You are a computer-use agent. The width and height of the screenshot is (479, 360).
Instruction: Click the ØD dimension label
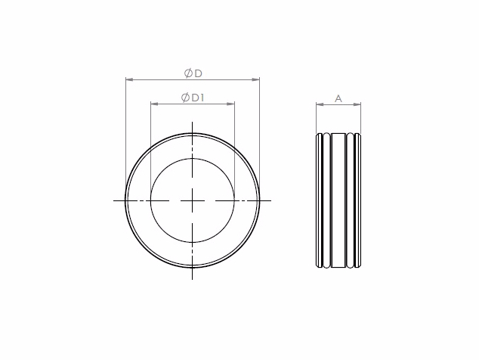(193, 73)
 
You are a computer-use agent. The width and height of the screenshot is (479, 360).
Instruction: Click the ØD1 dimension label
(193, 98)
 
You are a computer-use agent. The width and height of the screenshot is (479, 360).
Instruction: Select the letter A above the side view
(338, 99)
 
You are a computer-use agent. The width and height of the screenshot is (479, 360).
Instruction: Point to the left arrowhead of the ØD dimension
(129, 79)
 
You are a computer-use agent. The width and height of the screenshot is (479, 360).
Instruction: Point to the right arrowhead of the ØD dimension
(255, 79)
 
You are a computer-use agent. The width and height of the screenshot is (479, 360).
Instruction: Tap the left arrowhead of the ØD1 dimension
(155, 104)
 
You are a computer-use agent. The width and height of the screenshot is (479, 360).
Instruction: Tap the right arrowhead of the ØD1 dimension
(230, 104)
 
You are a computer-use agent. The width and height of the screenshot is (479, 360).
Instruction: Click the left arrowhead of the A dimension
(320, 104)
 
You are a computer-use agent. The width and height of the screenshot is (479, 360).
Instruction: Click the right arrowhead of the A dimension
(357, 104)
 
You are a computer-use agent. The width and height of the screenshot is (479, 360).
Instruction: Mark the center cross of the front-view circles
(192, 200)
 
